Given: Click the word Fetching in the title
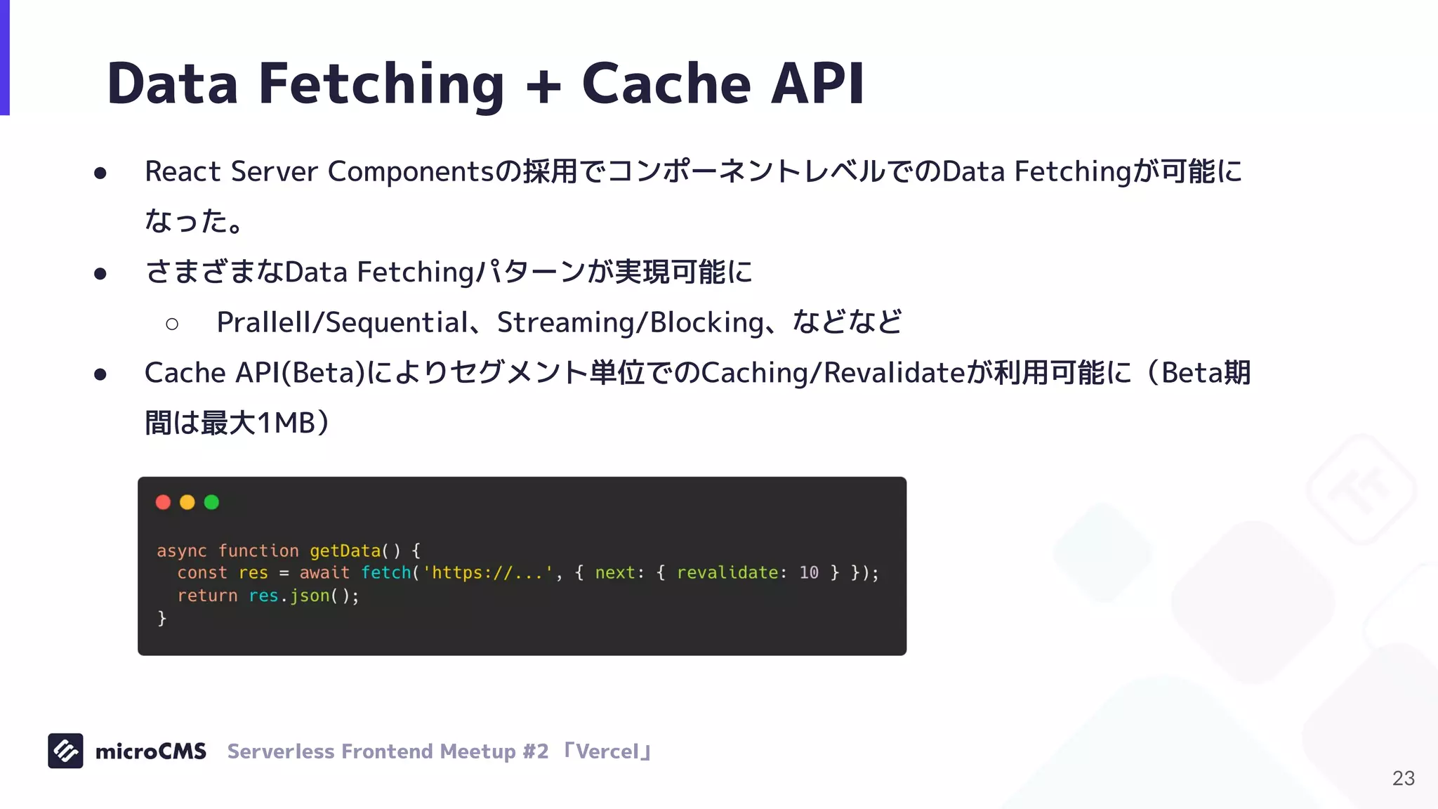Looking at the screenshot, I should pos(381,84).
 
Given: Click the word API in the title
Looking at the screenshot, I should pos(817,84).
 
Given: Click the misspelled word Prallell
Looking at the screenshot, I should pos(263,322).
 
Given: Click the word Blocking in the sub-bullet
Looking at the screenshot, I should pos(706,322).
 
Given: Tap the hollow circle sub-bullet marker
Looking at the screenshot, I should pos(172,324).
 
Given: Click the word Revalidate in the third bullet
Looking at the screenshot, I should pos(895,373).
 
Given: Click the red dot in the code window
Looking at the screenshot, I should pos(163,502).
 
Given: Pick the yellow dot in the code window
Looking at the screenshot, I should pos(187,502).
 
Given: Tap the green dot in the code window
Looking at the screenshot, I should pos(211,502).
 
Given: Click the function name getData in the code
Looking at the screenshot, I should pos(345,551).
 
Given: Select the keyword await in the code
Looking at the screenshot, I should pos(324,573).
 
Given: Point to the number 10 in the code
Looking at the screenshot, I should pos(809,573).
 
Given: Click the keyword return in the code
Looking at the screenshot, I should pos(207,596).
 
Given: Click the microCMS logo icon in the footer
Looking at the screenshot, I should pos(65,751).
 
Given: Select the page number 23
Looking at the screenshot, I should pos(1403,778).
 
